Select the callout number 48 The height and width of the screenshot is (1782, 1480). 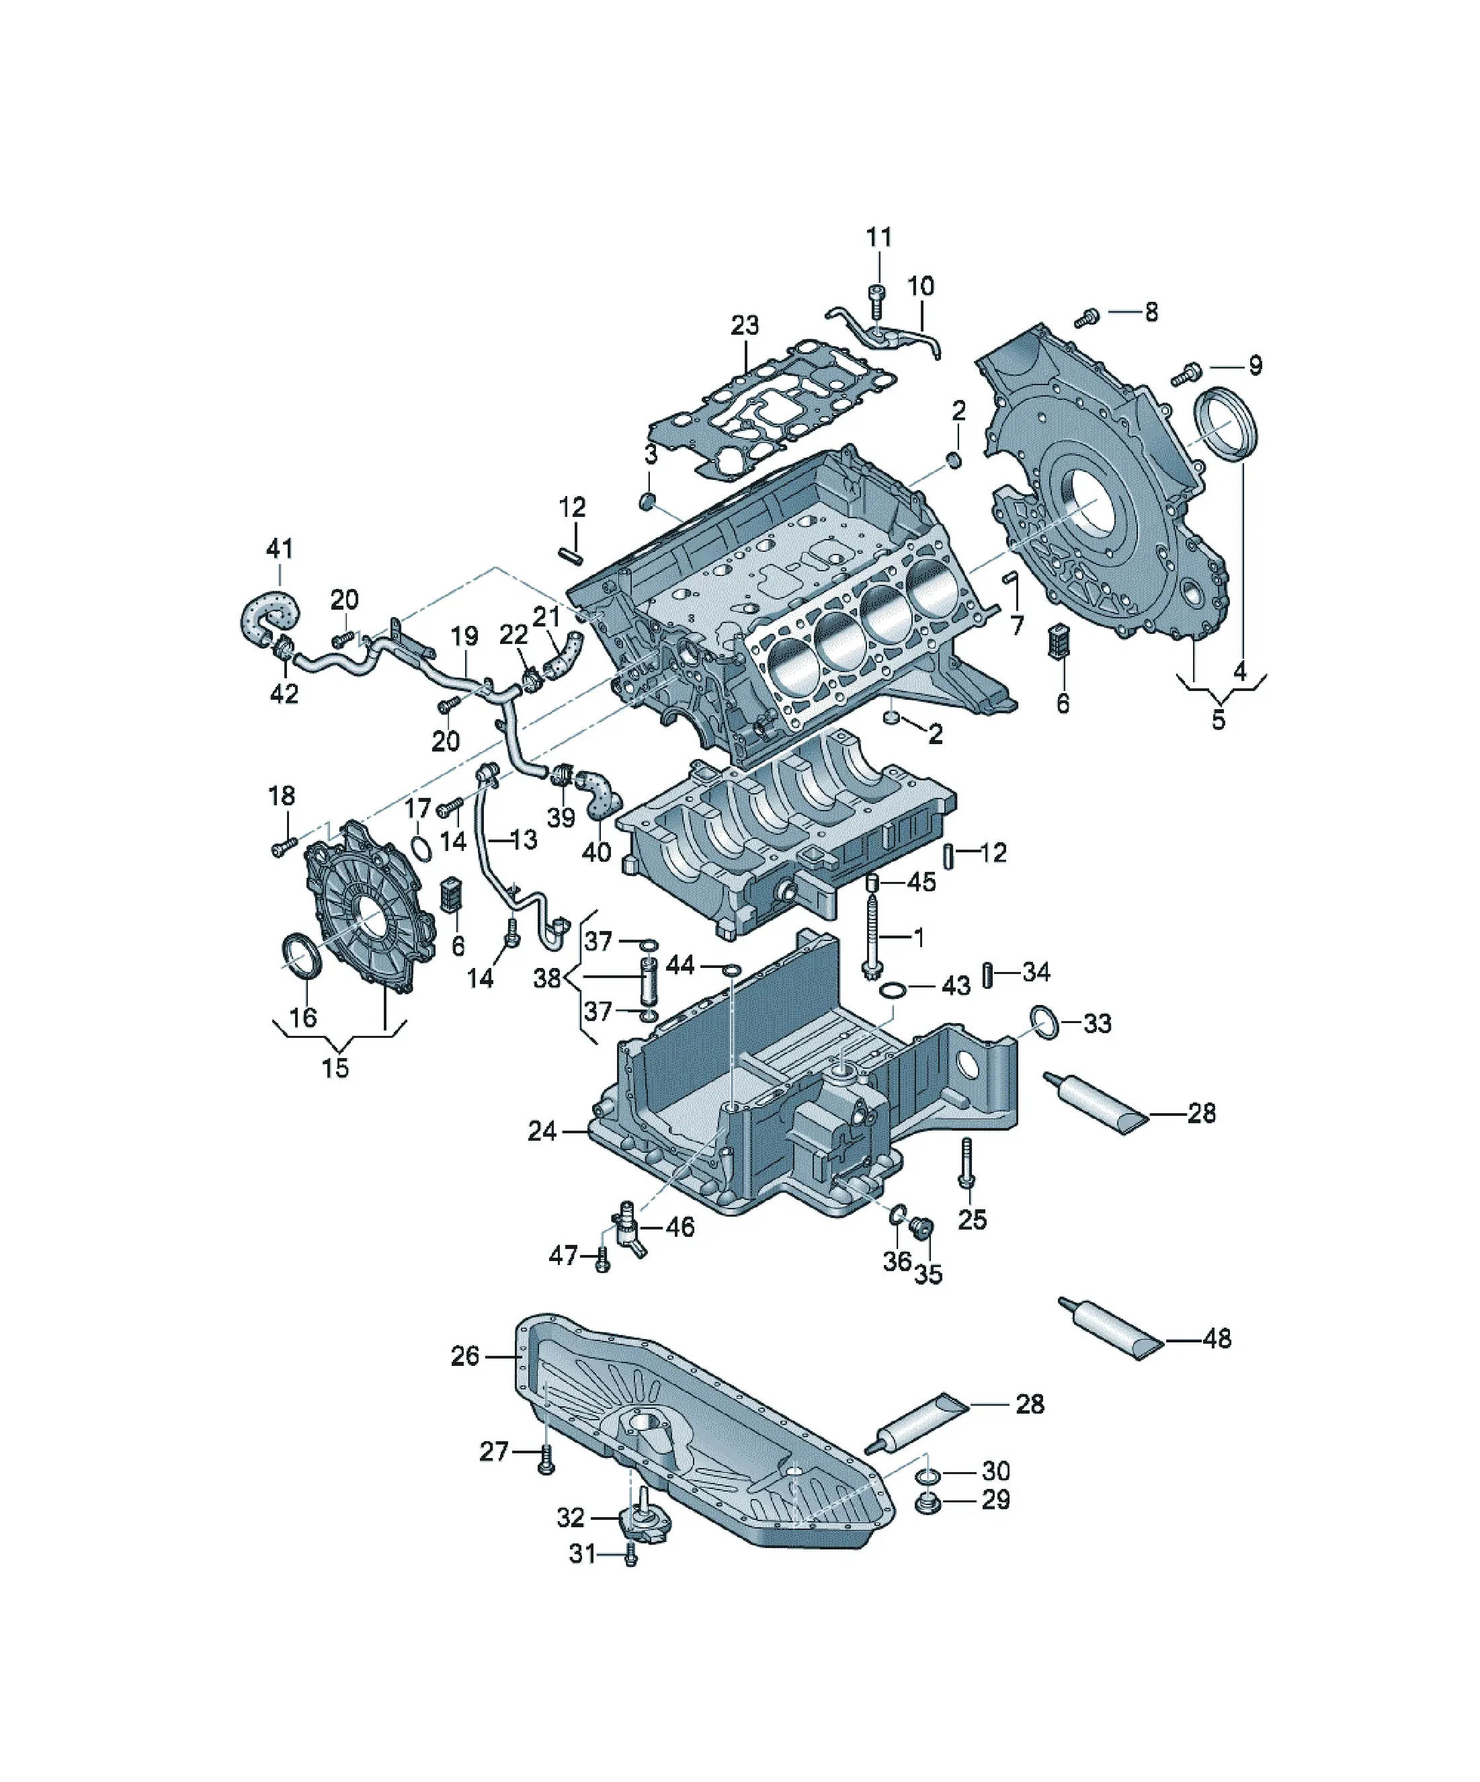[x=1217, y=1338]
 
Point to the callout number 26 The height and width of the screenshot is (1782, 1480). [x=465, y=1355]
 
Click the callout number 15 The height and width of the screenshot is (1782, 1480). [x=335, y=1067]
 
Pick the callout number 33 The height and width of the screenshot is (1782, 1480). [x=1098, y=1023]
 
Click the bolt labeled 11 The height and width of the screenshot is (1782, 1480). [x=876, y=301]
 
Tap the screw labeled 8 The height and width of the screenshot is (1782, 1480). [x=1086, y=318]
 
